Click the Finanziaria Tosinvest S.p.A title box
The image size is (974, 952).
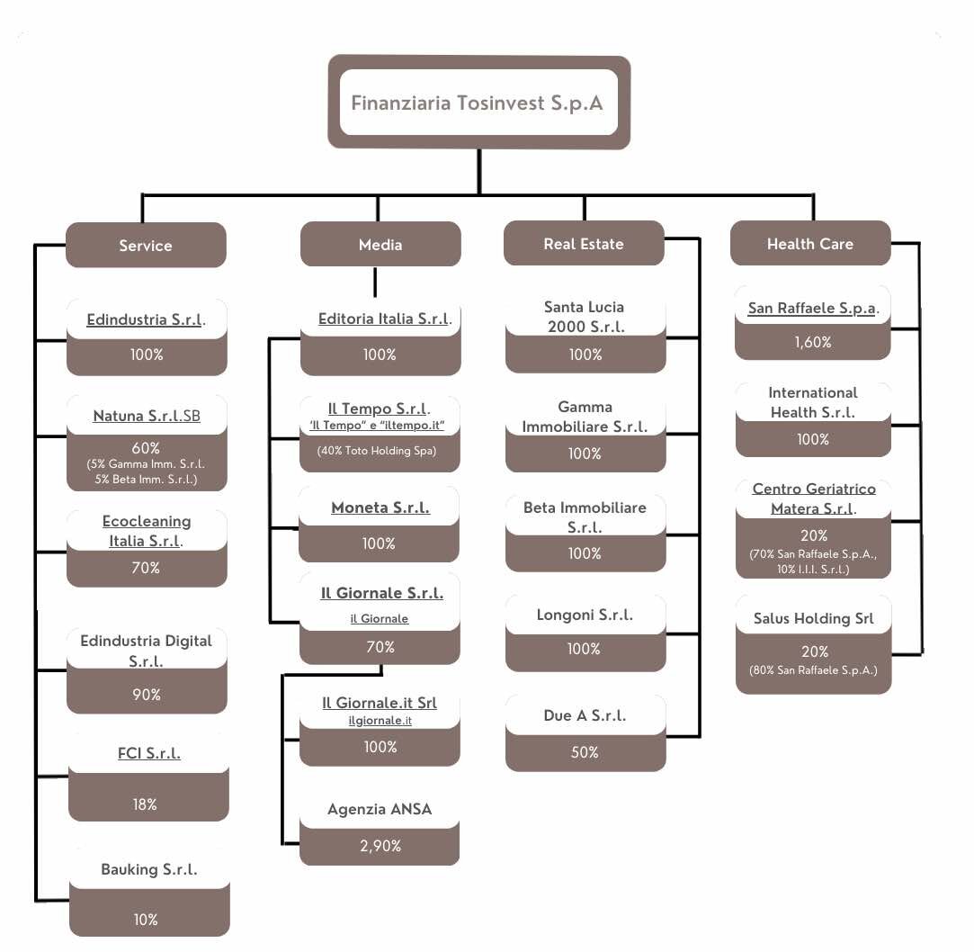pyautogui.click(x=478, y=103)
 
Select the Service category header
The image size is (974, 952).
pyautogui.click(x=146, y=246)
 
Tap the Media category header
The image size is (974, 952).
pyautogui.click(x=380, y=245)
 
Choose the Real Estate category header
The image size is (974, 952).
pyautogui.click(x=584, y=244)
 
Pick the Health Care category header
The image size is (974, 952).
pyautogui.click(x=810, y=244)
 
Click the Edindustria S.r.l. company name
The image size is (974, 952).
pyautogui.click(x=146, y=319)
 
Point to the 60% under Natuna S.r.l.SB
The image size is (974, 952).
pyautogui.click(x=146, y=447)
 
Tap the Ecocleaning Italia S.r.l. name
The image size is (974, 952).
pyautogui.click(x=146, y=531)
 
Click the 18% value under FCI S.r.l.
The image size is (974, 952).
pyautogui.click(x=146, y=804)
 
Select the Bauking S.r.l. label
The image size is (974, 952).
pyautogui.click(x=149, y=869)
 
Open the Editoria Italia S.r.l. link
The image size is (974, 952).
pyautogui.click(x=384, y=319)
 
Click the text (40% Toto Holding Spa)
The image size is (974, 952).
pyautogui.click(x=377, y=451)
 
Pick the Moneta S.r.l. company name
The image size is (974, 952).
pyautogui.click(x=380, y=507)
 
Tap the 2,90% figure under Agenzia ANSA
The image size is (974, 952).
pyautogui.click(x=380, y=846)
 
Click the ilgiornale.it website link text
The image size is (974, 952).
pyautogui.click(x=380, y=721)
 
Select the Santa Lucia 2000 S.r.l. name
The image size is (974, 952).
pyautogui.click(x=585, y=317)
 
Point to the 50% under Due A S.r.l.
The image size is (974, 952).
pyautogui.click(x=585, y=752)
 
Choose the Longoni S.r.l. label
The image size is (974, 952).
pyautogui.click(x=585, y=615)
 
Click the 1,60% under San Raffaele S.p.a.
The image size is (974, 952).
pyautogui.click(x=813, y=342)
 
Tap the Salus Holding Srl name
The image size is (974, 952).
pyautogui.click(x=813, y=619)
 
